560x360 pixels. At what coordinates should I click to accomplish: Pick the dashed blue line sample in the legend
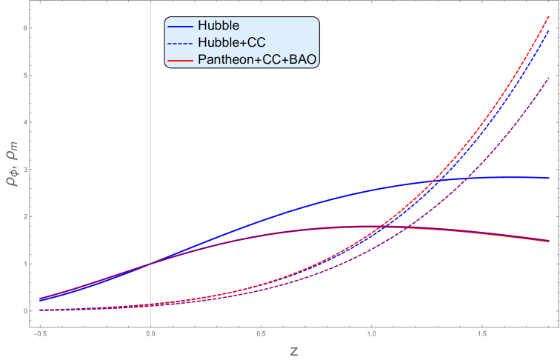coord(181,43)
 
